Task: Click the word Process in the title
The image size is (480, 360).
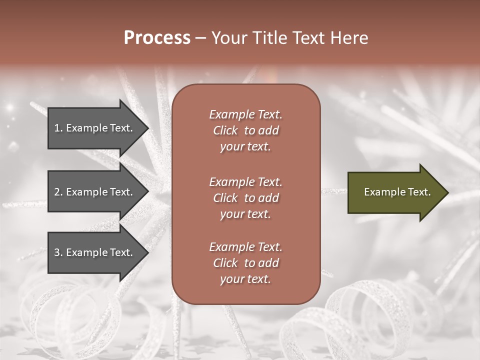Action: point(157,38)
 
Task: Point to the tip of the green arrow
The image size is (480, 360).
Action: point(447,192)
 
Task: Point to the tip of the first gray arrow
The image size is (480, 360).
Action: point(148,128)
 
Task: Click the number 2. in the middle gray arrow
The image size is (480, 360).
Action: point(58,192)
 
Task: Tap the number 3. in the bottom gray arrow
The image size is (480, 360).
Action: point(58,252)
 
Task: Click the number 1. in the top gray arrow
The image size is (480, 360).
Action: point(58,128)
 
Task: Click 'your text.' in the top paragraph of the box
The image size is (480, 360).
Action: point(245,147)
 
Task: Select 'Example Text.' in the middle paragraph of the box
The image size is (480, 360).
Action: point(245,181)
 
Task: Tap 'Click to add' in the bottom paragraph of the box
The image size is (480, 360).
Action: point(245,263)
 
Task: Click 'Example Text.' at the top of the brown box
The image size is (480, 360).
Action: point(245,114)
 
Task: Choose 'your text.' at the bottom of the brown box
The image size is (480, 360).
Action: point(245,279)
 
